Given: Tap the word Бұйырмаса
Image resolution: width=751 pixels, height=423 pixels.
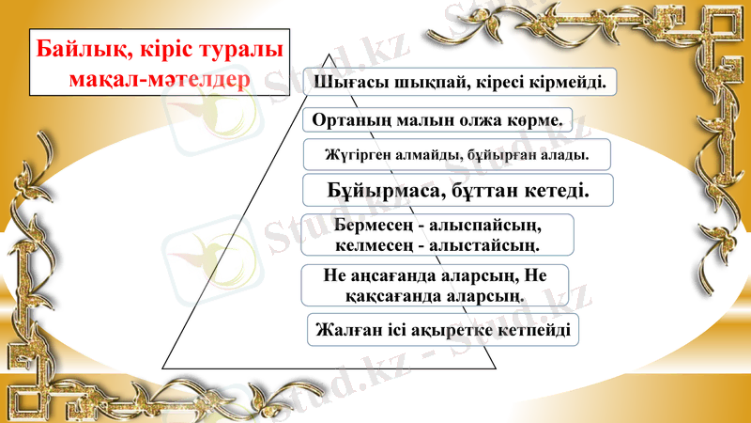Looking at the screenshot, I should click(x=388, y=190).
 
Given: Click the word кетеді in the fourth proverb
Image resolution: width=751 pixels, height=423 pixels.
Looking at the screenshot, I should click(x=554, y=190).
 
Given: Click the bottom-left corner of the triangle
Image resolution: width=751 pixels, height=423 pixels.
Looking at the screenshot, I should click(x=162, y=369).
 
